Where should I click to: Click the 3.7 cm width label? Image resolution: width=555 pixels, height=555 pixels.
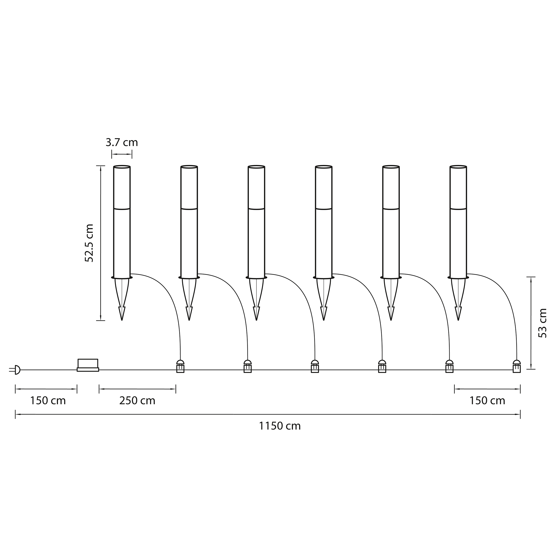pyautogui.click(x=122, y=143)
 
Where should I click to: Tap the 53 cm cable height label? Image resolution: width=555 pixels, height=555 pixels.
pyautogui.click(x=542, y=323)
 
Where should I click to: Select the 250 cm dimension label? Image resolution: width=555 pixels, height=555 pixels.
pyautogui.click(x=137, y=401)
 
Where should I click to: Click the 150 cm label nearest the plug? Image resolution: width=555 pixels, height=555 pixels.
pyautogui.click(x=48, y=401)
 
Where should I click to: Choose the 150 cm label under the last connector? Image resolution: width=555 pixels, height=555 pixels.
pyautogui.click(x=487, y=401)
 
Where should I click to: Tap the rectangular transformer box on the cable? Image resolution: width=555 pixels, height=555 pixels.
pyautogui.click(x=88, y=365)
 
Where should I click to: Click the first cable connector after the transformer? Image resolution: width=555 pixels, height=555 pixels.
pyautogui.click(x=180, y=366)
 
